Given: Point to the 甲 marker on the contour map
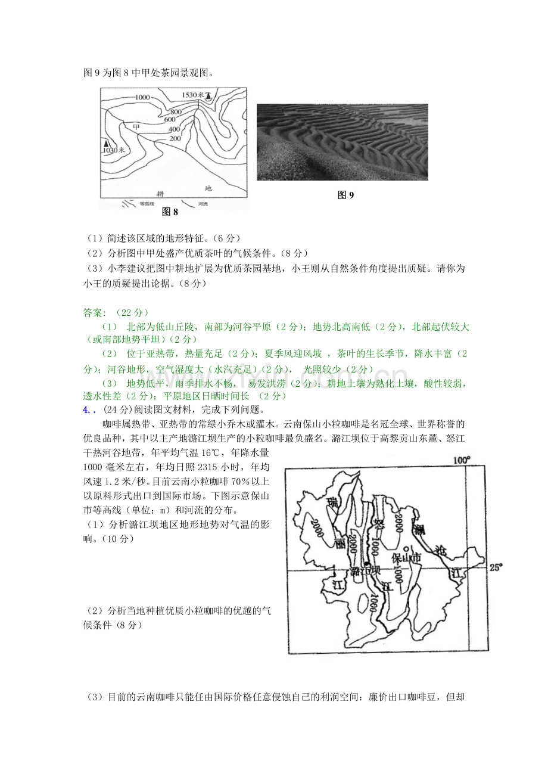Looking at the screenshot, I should [x=136, y=127].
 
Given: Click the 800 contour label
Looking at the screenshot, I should [x=176, y=111].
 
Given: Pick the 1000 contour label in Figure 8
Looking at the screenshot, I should [x=142, y=97].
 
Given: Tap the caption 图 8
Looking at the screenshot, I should [x=170, y=211].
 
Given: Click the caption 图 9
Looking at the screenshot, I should [x=345, y=195].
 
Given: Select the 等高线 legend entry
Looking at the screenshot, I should [x=147, y=203].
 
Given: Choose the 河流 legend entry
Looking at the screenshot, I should [x=203, y=203].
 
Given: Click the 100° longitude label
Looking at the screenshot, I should [x=462, y=460].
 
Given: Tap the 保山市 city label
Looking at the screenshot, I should [x=406, y=558].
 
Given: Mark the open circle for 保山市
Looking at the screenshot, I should [x=406, y=548].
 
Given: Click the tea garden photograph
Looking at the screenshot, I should [x=342, y=142].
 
